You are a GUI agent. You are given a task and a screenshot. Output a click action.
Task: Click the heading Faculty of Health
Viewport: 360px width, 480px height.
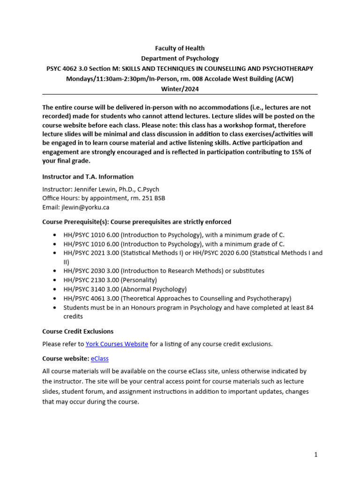click(x=180, y=48)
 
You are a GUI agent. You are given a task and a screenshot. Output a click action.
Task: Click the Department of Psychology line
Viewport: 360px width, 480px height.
click(x=180, y=59)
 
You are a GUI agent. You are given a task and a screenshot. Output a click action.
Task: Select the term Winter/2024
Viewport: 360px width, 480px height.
click(x=180, y=89)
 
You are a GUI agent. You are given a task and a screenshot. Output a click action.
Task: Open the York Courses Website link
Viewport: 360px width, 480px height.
click(x=117, y=344)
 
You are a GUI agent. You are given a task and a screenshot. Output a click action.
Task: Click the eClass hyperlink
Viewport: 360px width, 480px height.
click(x=99, y=359)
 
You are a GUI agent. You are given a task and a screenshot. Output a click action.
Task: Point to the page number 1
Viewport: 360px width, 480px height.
click(x=316, y=454)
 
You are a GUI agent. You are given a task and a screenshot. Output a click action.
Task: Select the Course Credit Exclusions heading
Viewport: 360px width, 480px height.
click(x=78, y=331)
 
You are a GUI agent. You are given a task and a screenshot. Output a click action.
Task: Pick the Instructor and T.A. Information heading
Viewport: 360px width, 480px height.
click(x=88, y=177)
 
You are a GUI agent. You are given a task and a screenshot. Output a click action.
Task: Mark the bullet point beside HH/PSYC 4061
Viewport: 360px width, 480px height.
click(x=57, y=299)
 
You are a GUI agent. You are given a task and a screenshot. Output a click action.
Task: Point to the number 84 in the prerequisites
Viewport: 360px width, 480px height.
click(x=309, y=307)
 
